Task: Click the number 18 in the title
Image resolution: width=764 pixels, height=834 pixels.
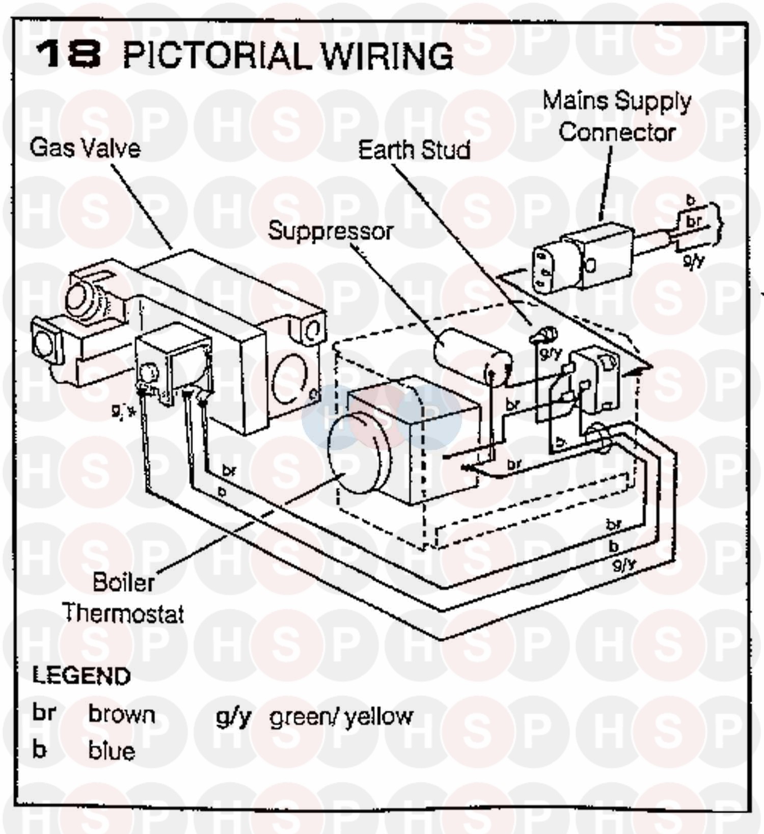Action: (x=68, y=54)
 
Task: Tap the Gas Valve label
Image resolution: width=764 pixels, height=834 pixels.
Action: (x=85, y=148)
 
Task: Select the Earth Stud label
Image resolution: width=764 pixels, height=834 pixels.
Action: (x=414, y=150)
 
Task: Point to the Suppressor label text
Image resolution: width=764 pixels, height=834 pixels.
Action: (x=330, y=231)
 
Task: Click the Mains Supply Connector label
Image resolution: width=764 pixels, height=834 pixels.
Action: (x=617, y=117)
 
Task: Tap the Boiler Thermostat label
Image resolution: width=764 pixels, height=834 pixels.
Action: (x=123, y=598)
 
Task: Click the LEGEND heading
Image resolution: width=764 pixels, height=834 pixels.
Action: (x=81, y=676)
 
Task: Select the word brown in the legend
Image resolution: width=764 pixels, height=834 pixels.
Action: (x=122, y=714)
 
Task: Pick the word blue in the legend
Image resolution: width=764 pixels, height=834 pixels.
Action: (x=112, y=751)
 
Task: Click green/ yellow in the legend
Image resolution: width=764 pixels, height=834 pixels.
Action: (x=341, y=717)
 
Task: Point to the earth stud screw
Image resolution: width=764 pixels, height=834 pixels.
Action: (x=544, y=335)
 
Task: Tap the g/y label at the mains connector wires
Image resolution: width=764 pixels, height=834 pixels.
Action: (x=693, y=260)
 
